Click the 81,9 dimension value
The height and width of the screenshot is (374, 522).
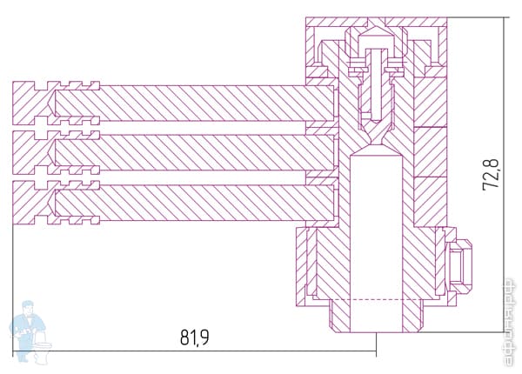tap(195, 337)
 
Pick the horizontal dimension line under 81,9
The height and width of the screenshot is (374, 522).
tap(195, 351)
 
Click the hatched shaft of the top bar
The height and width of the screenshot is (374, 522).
tap(209, 105)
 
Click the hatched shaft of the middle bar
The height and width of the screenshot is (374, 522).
tap(209, 154)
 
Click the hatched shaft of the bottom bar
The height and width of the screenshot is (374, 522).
tap(209, 203)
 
